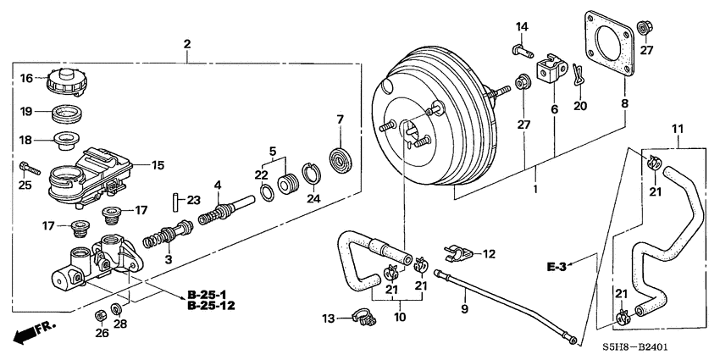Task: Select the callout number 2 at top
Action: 187,43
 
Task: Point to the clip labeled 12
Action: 457,252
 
